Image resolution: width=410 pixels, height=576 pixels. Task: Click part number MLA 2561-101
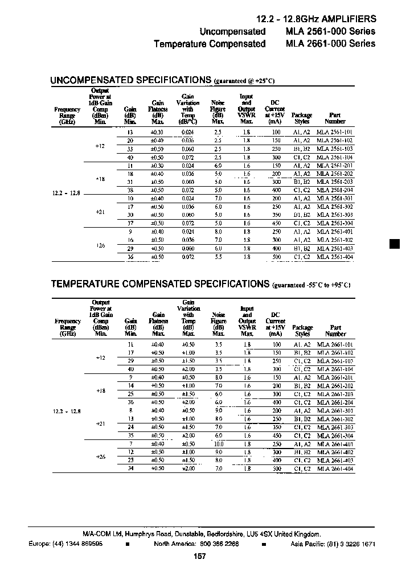pyautogui.click(x=335, y=131)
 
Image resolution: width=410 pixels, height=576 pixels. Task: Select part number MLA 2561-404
pyautogui.click(x=335, y=257)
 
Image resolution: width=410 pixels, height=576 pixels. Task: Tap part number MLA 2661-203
pyautogui.click(x=335, y=394)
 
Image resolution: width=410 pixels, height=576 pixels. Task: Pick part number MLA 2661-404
pyautogui.click(x=335, y=468)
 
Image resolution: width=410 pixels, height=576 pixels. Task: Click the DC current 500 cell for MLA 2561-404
pyautogui.click(x=276, y=257)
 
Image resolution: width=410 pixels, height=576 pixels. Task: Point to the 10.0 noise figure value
pyautogui.click(x=218, y=443)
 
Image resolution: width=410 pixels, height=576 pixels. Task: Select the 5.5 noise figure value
pyautogui.click(x=218, y=257)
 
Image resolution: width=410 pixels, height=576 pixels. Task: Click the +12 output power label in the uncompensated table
pyautogui.click(x=100, y=146)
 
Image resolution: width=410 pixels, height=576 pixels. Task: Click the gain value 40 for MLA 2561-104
pyautogui.click(x=130, y=157)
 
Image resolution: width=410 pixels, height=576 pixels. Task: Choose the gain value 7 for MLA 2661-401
pyautogui.click(x=130, y=443)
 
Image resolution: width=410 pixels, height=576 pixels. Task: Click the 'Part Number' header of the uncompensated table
pyautogui.click(x=335, y=118)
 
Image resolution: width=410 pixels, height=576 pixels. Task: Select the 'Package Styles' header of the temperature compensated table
pyautogui.click(x=302, y=331)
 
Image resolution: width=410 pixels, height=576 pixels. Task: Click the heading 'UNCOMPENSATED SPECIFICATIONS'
pyautogui.click(x=131, y=80)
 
